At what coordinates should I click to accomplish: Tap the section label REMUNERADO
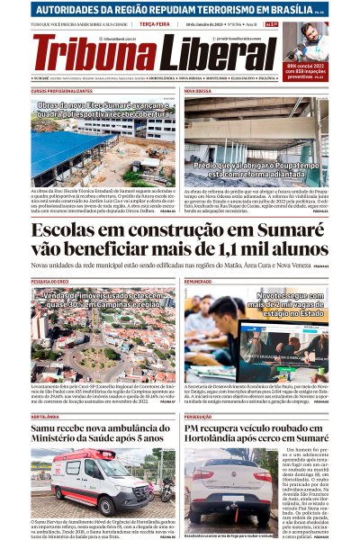click(x=198, y=282)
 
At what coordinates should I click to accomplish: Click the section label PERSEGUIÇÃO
click(x=200, y=392)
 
